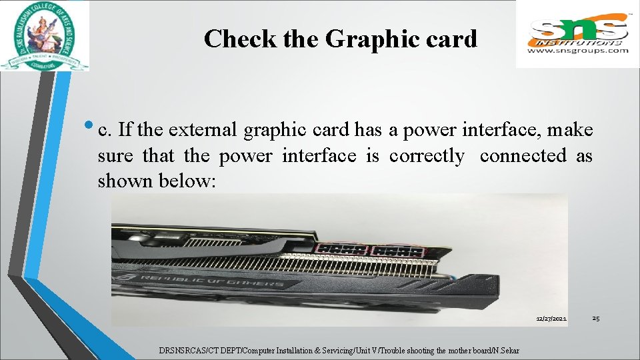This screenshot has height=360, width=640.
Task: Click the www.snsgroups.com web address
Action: pyautogui.click(x=578, y=50)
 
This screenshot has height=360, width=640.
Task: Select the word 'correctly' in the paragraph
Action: pyautogui.click(x=427, y=156)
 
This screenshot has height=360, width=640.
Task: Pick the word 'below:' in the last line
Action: pyautogui.click(x=188, y=181)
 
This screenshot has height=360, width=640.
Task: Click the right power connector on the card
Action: pyautogui.click(x=397, y=251)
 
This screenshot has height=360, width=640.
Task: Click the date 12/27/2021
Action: pyautogui.click(x=551, y=319)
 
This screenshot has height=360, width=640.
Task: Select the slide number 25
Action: pyautogui.click(x=595, y=319)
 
